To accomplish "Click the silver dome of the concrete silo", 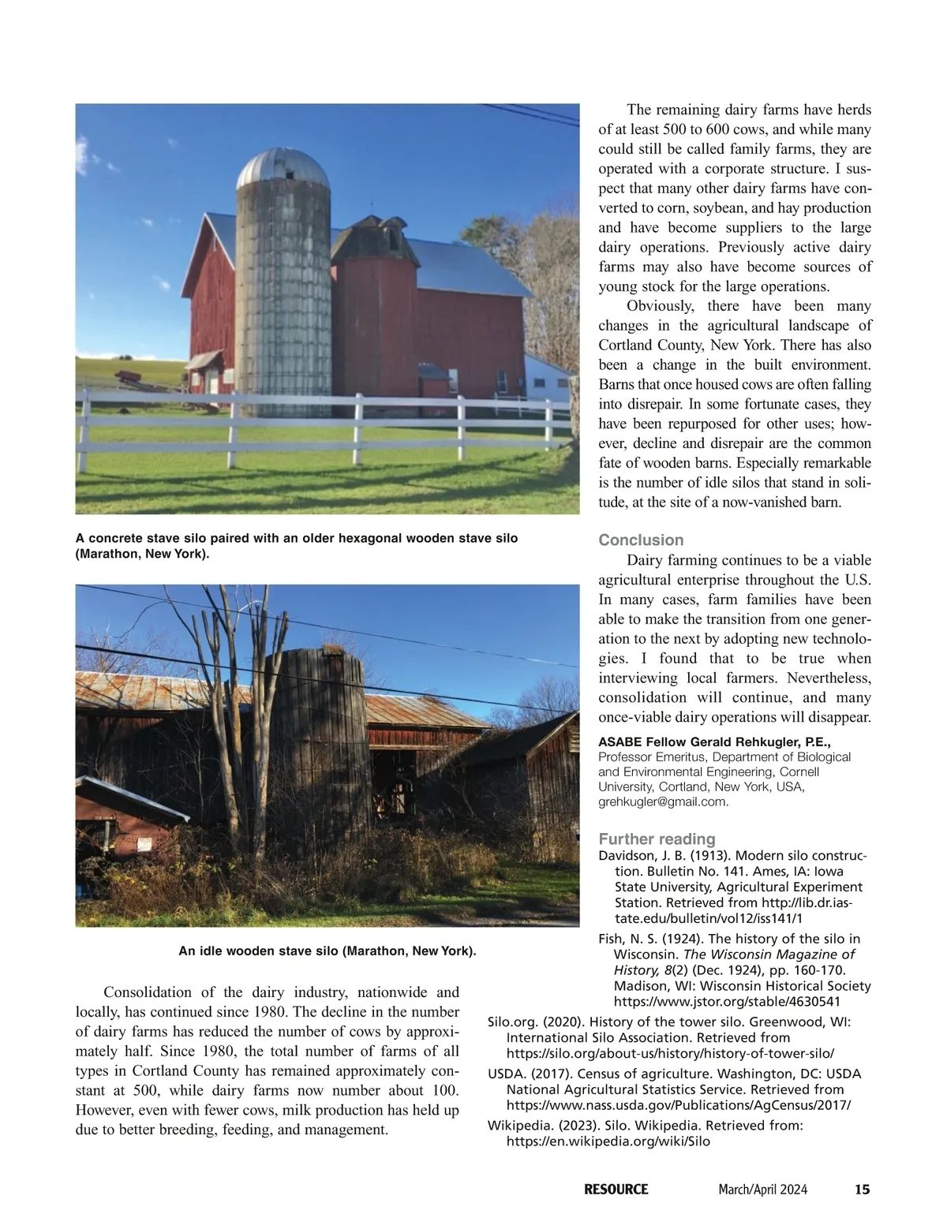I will coord(283,168).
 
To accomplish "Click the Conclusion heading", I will coord(641,540).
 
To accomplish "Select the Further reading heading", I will coord(657,839).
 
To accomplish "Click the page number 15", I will coord(862,1190).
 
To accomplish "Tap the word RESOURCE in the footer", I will coord(616,1190).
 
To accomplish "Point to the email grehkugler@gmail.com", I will coord(663,802).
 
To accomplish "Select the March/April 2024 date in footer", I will coord(762,1190).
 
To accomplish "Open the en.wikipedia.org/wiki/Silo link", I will coord(608,1141).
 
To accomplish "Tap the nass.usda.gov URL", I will coord(678,1105).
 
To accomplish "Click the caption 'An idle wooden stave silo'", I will coord(327,951).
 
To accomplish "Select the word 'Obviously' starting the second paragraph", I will coord(661,306).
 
